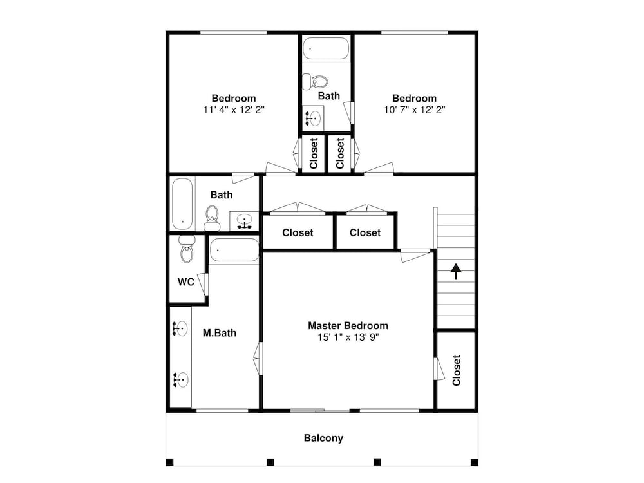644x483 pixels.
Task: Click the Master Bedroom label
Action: tap(348, 326)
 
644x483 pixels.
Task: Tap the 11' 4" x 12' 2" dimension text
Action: tap(234, 109)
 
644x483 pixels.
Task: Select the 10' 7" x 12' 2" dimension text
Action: tap(414, 109)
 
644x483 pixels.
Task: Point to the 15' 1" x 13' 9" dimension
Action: tap(348, 337)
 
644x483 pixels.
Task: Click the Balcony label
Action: tap(323, 438)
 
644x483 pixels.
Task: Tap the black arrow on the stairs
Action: tap(456, 272)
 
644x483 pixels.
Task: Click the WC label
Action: tap(185, 282)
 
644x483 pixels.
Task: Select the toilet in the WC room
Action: tap(187, 249)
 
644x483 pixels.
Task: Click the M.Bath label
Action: tap(220, 333)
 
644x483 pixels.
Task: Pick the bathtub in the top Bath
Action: tap(326, 49)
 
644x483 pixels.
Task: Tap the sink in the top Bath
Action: tap(312, 118)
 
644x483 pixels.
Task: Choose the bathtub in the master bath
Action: tap(234, 250)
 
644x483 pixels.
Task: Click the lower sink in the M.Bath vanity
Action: tap(180, 380)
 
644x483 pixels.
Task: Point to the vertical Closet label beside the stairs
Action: tap(457, 370)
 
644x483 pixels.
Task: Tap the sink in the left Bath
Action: tap(244, 222)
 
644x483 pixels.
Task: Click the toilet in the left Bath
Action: tap(212, 218)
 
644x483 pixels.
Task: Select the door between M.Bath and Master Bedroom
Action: tap(258, 358)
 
